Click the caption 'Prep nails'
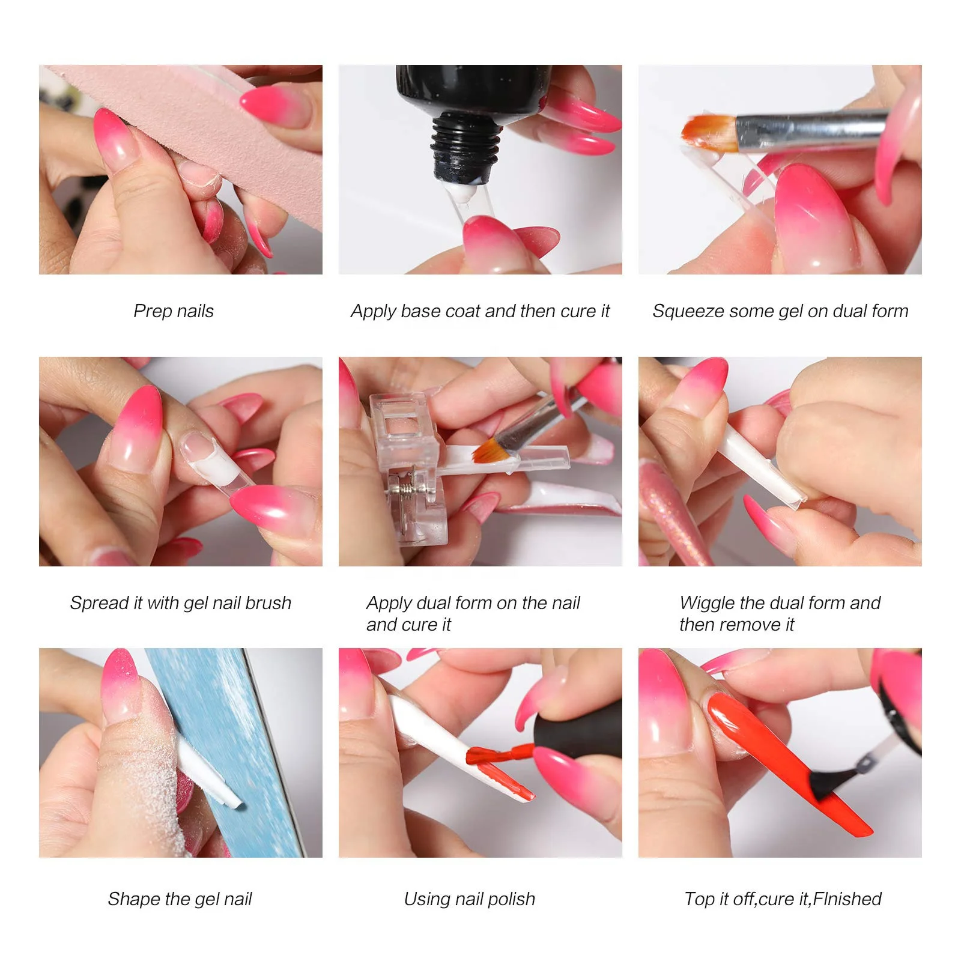173,311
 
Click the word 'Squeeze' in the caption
682,311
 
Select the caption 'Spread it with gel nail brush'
180,602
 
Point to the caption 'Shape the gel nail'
180,899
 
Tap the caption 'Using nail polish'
469,899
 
